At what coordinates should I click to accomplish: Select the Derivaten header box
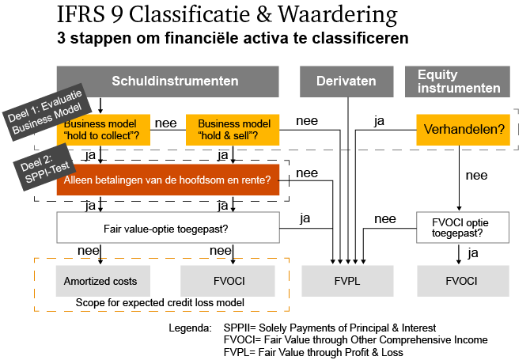pos(346,81)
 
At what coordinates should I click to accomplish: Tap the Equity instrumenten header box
pos(459,81)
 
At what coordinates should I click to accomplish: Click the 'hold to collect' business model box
pos(100,130)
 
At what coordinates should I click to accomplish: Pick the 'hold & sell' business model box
pos(233,130)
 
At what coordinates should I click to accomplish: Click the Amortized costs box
pos(101,281)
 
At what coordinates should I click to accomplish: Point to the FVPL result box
pos(346,281)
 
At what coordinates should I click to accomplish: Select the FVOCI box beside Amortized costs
pos(228,281)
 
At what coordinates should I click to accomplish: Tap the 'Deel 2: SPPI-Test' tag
pos(41,167)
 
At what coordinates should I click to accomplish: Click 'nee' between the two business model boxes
pos(165,123)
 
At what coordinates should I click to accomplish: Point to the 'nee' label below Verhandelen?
pos(476,175)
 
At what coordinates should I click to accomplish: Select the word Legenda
pos(190,328)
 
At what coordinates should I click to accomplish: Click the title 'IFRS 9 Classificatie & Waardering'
pos(227,17)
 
